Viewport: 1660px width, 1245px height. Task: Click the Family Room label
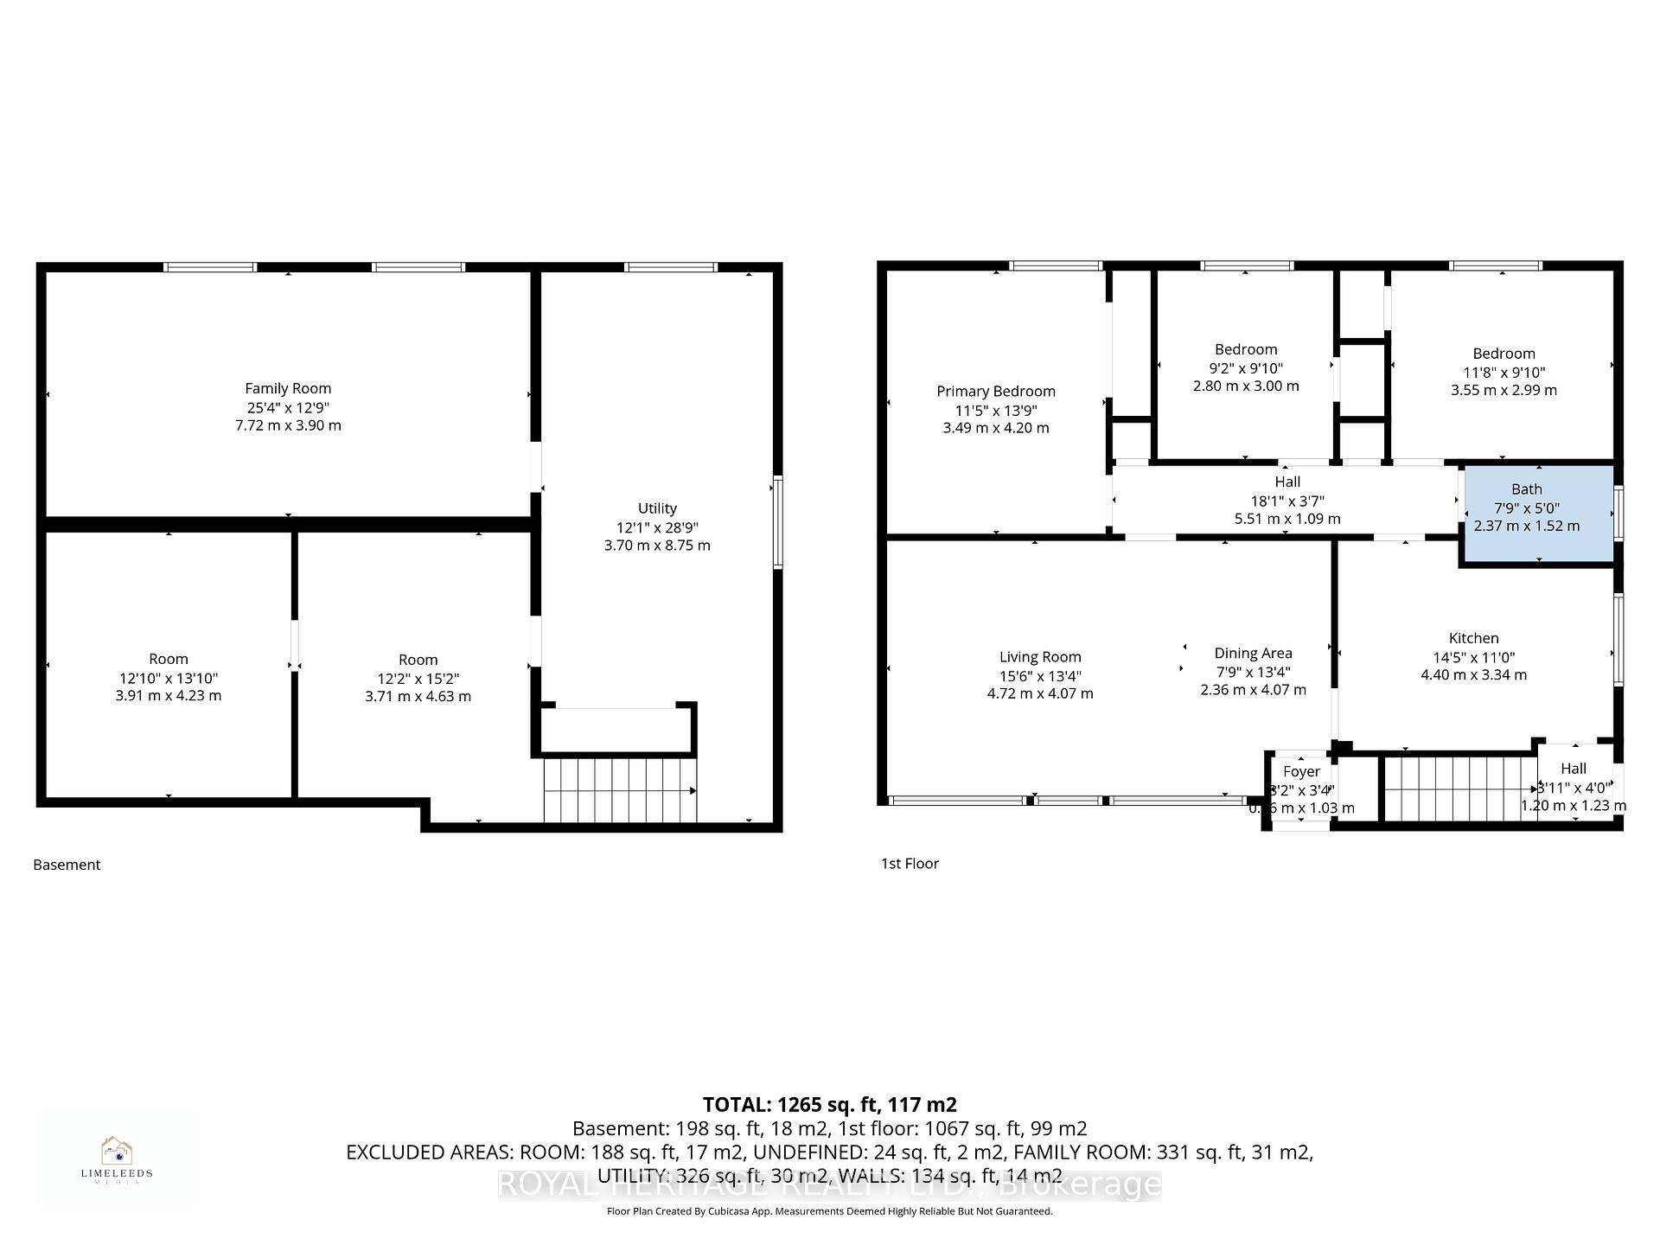(x=288, y=389)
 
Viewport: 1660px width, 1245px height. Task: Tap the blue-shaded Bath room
(x=1537, y=515)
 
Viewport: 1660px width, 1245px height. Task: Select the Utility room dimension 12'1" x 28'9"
(x=657, y=527)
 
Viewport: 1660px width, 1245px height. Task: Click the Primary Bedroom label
(x=996, y=392)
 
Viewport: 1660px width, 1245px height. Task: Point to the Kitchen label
(x=1473, y=638)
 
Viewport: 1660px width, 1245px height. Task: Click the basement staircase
(x=619, y=790)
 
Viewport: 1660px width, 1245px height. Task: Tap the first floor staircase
(x=1459, y=788)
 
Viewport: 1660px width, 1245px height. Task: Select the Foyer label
(x=1301, y=771)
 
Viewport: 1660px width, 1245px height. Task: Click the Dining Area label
(x=1253, y=654)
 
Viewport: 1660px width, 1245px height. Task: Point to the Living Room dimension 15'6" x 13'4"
(x=1040, y=676)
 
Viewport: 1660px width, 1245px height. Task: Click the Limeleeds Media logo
(x=117, y=1159)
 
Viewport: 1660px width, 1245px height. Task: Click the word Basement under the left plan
(x=67, y=865)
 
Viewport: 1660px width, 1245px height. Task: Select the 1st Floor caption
(x=910, y=863)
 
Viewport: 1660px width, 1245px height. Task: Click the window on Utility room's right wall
(x=777, y=522)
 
